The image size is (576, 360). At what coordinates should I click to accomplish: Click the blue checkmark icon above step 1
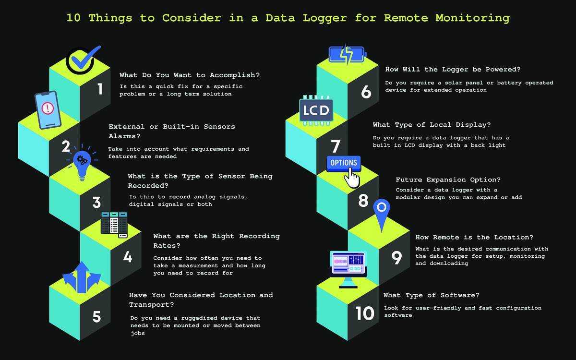click(x=83, y=60)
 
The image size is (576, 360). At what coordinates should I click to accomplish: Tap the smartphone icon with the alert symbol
click(x=48, y=109)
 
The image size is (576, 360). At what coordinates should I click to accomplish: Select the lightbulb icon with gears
click(x=83, y=161)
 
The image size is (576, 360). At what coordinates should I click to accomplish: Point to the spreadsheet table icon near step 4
click(x=114, y=225)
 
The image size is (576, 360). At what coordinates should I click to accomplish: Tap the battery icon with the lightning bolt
click(x=347, y=55)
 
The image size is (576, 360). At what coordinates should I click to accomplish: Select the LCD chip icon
click(x=316, y=110)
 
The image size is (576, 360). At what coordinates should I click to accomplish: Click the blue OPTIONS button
click(x=344, y=163)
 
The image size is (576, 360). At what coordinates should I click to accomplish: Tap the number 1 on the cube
click(x=100, y=89)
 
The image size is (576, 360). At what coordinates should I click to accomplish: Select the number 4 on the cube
click(x=127, y=257)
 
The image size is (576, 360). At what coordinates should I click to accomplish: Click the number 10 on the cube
click(x=365, y=313)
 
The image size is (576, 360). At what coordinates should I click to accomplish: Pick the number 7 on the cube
click(x=336, y=146)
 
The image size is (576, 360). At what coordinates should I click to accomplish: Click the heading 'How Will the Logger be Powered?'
click(x=446, y=69)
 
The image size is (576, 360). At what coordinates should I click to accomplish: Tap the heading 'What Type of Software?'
click(x=431, y=295)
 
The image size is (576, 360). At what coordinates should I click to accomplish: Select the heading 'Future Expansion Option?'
click(x=448, y=180)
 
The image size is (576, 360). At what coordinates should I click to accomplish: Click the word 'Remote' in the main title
click(x=406, y=18)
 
